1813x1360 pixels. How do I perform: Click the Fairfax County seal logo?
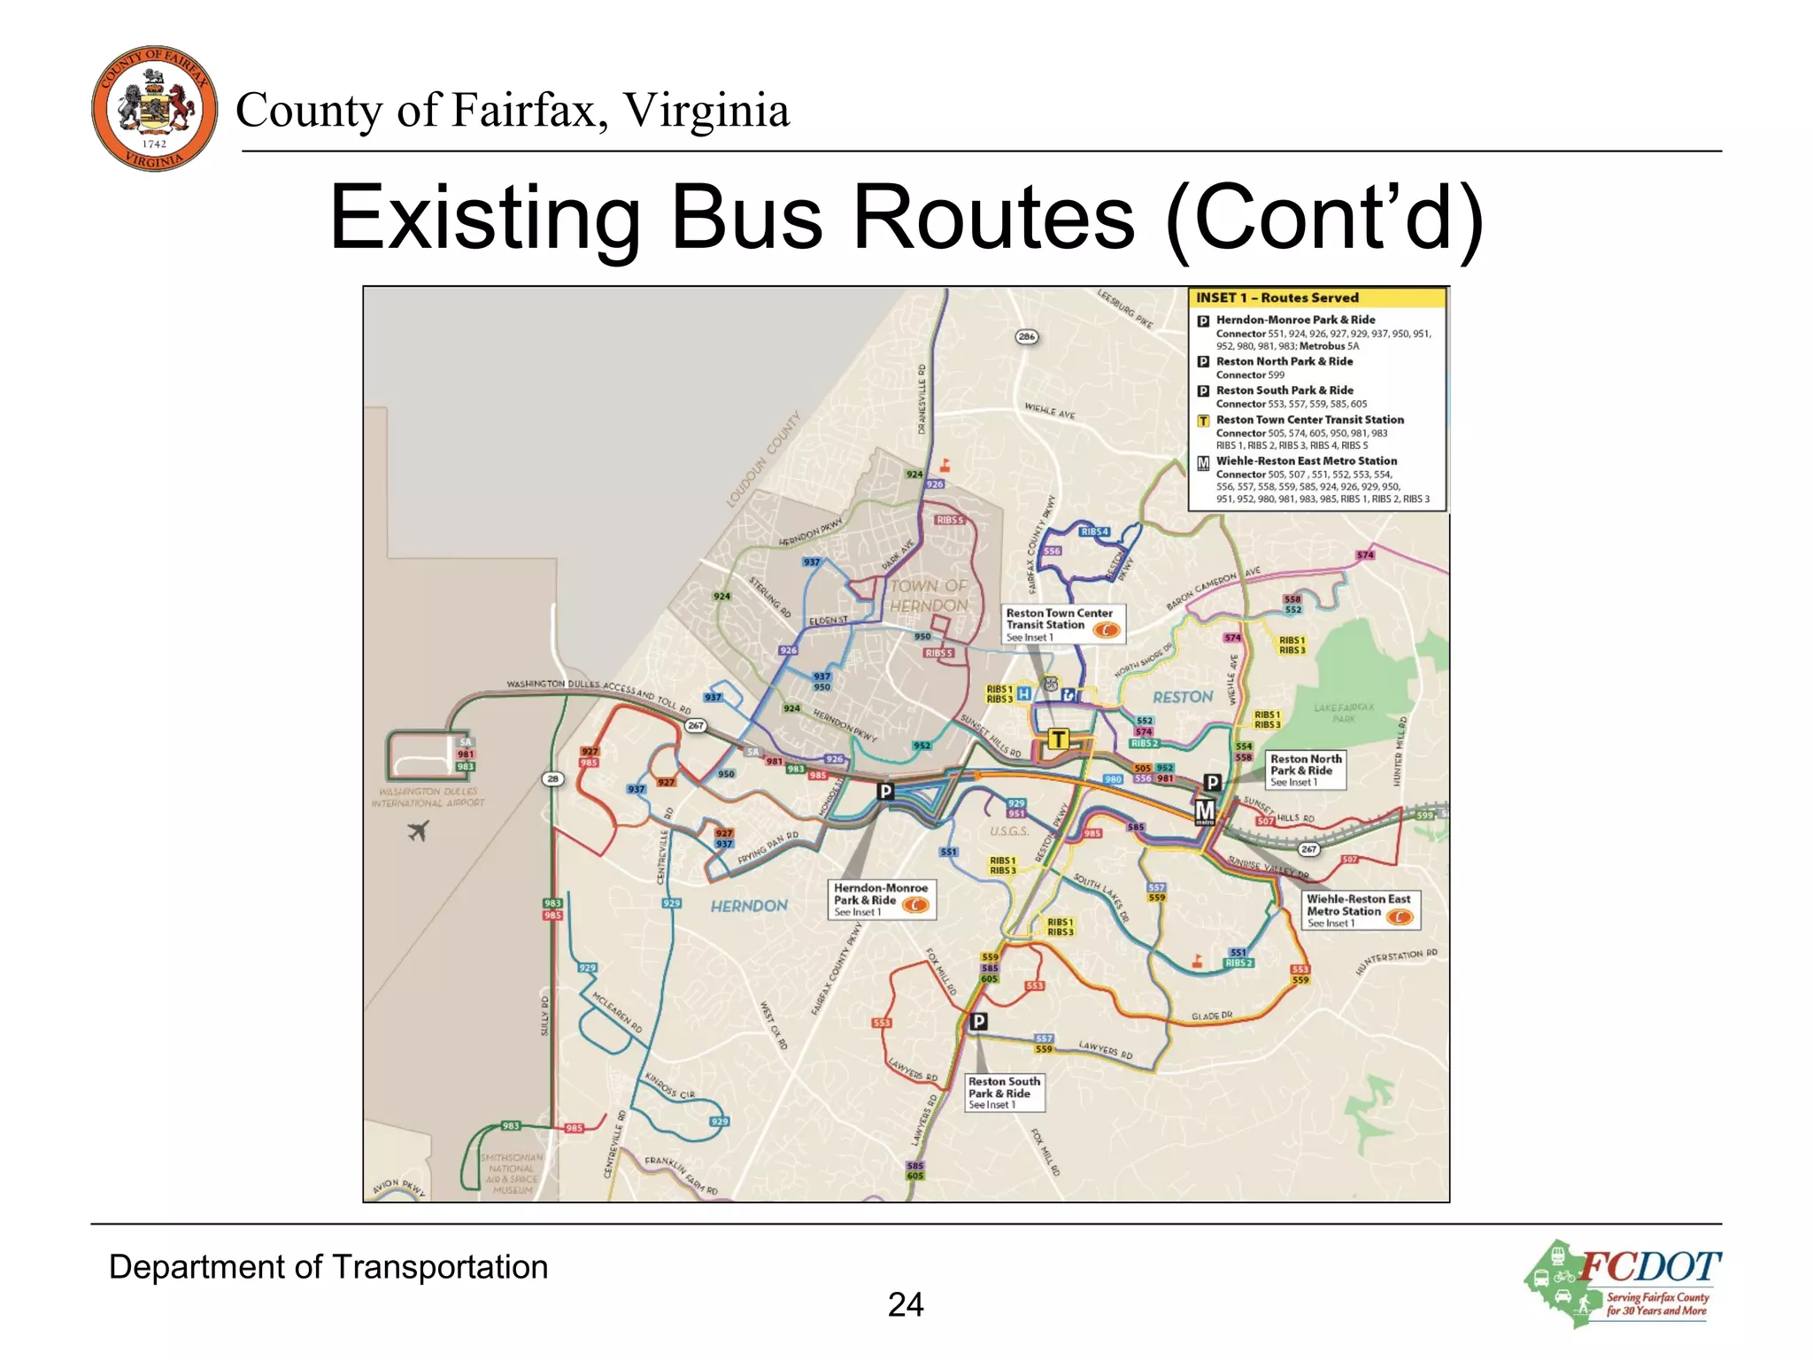[x=154, y=108]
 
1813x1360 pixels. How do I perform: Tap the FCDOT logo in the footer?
[x=1623, y=1283]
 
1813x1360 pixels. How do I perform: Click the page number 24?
[x=906, y=1304]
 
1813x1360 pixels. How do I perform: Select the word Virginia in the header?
[x=706, y=111]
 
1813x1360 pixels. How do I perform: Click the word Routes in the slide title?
[x=991, y=217]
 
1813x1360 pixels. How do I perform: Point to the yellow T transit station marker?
[x=1058, y=738]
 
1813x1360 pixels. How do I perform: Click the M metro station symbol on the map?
[x=1205, y=811]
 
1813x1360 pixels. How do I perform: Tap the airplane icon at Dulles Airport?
[x=419, y=831]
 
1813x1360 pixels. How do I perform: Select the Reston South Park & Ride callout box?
[x=1006, y=1093]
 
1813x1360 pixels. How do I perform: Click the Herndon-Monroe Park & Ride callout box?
[x=882, y=899]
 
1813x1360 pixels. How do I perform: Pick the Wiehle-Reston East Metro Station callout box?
[x=1361, y=910]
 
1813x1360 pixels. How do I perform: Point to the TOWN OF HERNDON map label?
[x=929, y=596]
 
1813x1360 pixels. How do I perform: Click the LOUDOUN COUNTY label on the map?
[x=763, y=459]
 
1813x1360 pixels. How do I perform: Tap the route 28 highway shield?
[x=553, y=779]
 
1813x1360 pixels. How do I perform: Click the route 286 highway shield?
[x=1026, y=336]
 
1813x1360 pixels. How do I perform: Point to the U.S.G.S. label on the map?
[x=1009, y=831]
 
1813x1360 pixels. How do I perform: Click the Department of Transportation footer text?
[x=328, y=1267]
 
